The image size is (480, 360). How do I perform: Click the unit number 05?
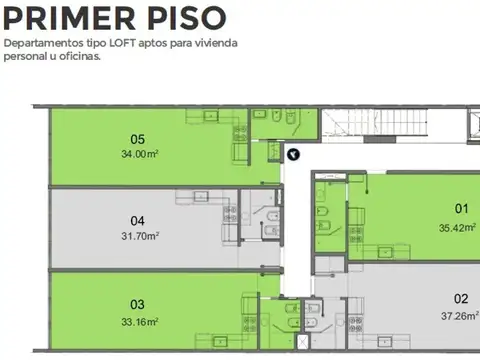click(138, 139)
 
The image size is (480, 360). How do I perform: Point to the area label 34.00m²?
click(139, 154)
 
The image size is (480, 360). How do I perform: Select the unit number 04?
click(138, 221)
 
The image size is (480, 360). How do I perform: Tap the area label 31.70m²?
click(139, 236)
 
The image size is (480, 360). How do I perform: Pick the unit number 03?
click(138, 305)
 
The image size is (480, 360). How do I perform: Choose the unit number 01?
click(461, 209)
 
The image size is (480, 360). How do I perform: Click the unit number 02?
click(461, 298)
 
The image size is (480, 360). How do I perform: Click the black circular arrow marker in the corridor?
click(293, 154)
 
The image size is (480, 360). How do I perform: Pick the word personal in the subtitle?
click(23, 57)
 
